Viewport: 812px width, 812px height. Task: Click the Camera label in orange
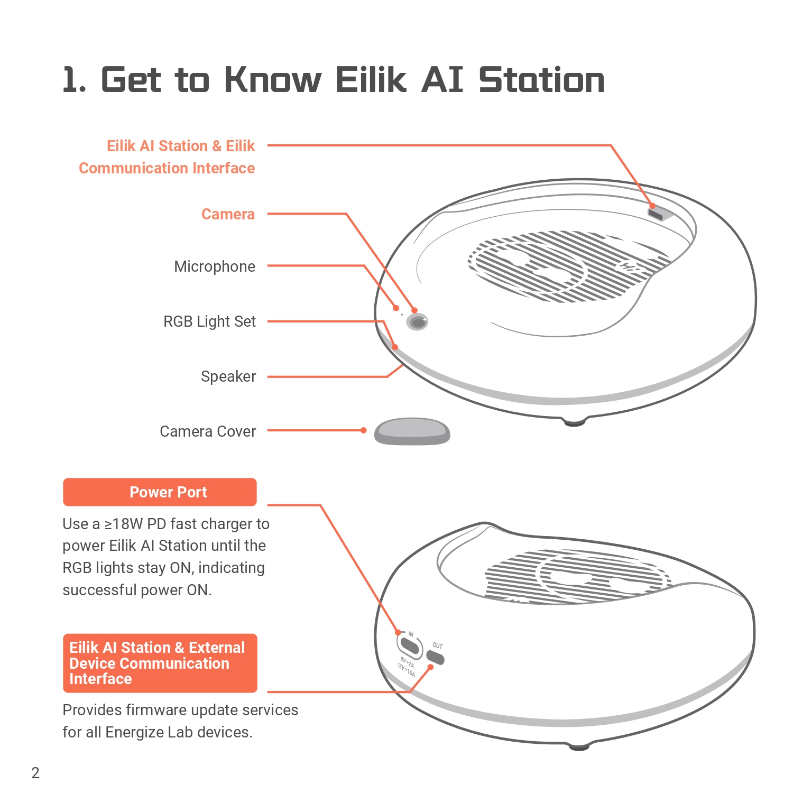[x=228, y=214]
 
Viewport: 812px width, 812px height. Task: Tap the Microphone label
[x=215, y=266]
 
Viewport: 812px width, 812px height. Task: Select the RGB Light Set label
[x=209, y=321]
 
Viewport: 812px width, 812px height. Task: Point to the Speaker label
[x=228, y=376]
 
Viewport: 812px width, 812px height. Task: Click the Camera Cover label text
[x=208, y=431]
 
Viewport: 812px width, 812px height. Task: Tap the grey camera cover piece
[x=412, y=431]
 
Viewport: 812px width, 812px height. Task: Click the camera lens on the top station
[x=418, y=322]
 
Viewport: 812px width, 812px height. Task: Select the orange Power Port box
[x=160, y=492]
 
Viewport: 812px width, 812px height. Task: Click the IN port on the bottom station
[x=410, y=645]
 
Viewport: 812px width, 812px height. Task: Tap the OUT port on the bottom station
[x=436, y=657]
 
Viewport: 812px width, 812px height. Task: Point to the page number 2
[x=35, y=773]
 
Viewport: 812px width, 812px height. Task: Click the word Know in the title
[x=273, y=80]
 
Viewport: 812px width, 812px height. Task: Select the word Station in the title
[x=542, y=80]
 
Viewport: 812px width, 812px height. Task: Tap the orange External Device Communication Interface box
[x=160, y=663]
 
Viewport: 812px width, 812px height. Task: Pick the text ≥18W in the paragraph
[x=124, y=524]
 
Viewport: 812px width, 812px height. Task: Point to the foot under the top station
[x=575, y=421]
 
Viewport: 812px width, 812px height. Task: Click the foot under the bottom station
[x=579, y=746]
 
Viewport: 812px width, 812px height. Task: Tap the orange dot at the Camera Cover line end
[x=364, y=430]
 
